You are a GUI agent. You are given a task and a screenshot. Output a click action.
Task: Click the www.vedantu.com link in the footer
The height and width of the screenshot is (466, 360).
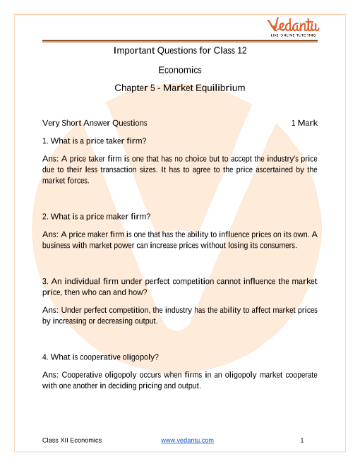(x=187, y=440)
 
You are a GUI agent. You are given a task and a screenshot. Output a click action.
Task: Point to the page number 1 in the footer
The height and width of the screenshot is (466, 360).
(x=301, y=440)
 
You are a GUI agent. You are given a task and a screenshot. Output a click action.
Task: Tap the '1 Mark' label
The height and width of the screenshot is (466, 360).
(x=304, y=123)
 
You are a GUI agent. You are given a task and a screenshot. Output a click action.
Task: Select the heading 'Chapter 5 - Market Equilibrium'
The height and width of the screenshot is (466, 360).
(x=180, y=88)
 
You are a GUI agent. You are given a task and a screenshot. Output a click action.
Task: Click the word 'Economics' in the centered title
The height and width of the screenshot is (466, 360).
(x=180, y=70)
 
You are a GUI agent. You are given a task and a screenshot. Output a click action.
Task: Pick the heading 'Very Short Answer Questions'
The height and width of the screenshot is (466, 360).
(x=95, y=123)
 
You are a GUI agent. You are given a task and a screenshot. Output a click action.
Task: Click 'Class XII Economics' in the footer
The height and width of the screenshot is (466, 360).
(x=72, y=440)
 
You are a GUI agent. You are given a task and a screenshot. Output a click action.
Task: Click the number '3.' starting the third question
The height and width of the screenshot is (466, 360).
(x=46, y=281)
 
